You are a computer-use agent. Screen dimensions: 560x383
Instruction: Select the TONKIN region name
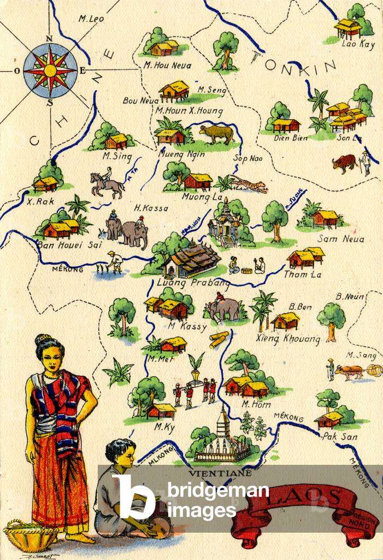pos(292,62)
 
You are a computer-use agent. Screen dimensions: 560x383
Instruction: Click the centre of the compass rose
pos(50,70)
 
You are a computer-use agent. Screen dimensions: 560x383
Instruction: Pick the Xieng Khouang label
pos(288,339)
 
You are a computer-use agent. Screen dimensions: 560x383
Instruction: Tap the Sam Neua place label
pos(340,239)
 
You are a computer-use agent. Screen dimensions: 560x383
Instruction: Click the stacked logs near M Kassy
pos(219,339)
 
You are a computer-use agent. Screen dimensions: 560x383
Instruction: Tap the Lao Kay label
pos(358,45)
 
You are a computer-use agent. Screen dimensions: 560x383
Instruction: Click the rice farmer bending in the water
pos(115,262)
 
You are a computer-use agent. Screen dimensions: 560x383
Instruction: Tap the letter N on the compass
pos(49,38)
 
